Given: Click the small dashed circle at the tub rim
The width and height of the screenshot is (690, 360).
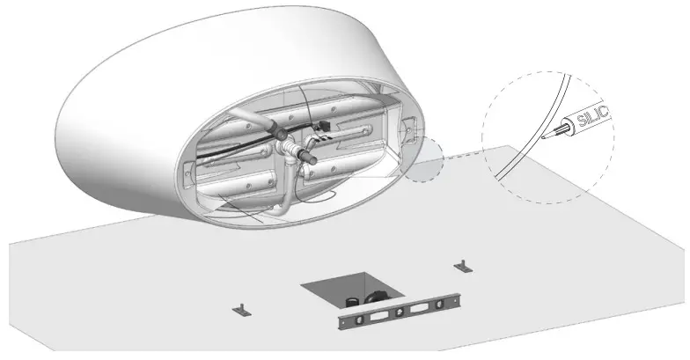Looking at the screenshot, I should (429, 159).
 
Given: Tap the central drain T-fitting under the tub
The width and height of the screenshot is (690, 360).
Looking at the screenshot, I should (289, 158).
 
